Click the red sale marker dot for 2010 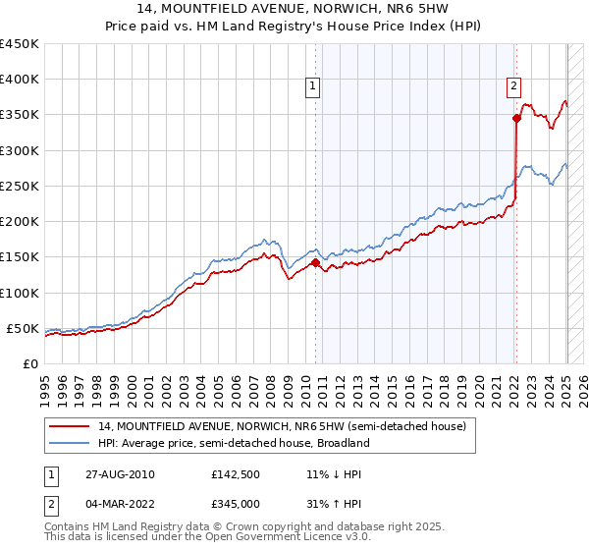click(315, 262)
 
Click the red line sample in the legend click(70, 425)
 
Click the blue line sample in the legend click(70, 443)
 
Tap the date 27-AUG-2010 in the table click(119, 474)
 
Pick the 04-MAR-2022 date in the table click(120, 503)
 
